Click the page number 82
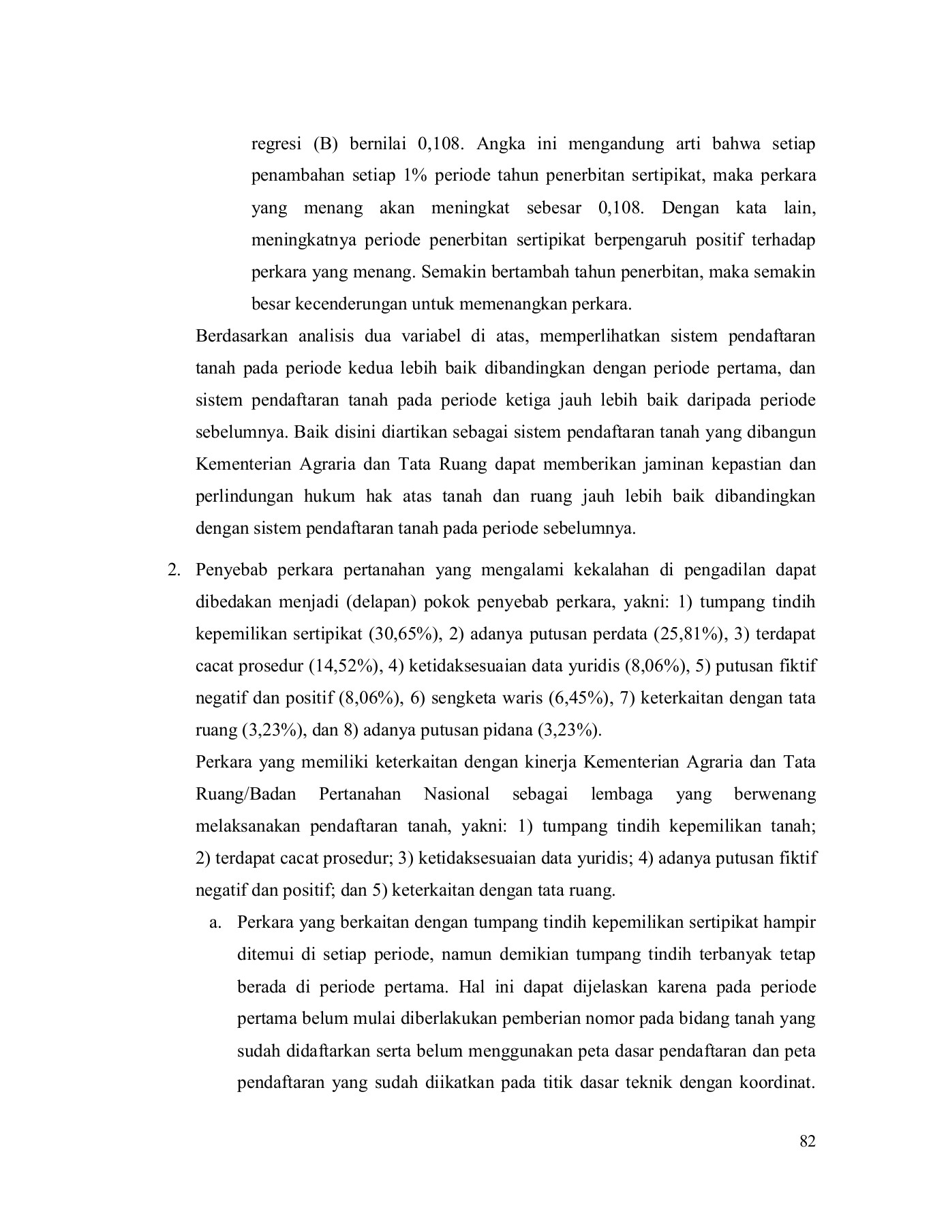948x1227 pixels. pyautogui.click(x=807, y=1142)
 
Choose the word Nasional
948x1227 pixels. pyautogui.click(x=457, y=794)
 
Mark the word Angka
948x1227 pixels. pyautogui.click(x=498, y=145)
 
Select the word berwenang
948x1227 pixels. pyautogui.click(x=775, y=794)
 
